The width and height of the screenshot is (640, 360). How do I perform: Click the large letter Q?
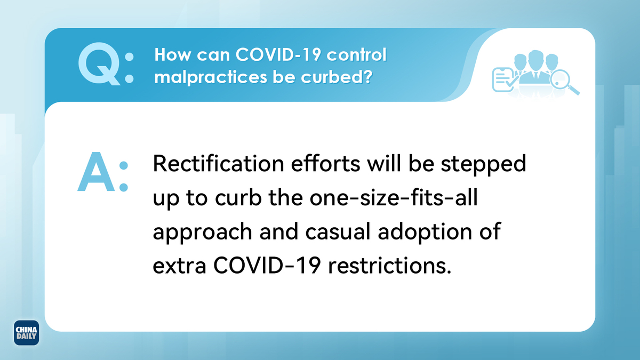pyautogui.click(x=99, y=63)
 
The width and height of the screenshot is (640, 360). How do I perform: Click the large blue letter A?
pyautogui.click(x=97, y=172)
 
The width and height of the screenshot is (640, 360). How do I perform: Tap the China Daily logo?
pyautogui.click(x=26, y=333)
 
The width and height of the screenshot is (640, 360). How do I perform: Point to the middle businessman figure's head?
pyautogui.click(x=535, y=59)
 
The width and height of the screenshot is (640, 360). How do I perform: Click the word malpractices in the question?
pyautogui.click(x=211, y=77)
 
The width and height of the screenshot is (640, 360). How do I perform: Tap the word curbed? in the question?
pyautogui.click(x=337, y=77)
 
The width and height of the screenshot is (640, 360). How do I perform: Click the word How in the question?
pyautogui.click(x=173, y=54)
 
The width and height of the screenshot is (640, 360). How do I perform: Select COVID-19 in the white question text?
pyautogui.click(x=278, y=54)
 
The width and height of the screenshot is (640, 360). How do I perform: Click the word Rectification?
pyautogui.click(x=219, y=163)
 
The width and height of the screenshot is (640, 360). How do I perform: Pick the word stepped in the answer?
pyautogui.click(x=483, y=165)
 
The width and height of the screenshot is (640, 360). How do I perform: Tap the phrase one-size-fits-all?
pyautogui.click(x=394, y=197)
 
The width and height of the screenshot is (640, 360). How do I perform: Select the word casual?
pyautogui.click(x=338, y=231)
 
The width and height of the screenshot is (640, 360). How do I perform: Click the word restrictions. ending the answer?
pyautogui.click(x=390, y=266)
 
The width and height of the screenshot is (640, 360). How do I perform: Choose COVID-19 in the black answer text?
pyautogui.click(x=267, y=266)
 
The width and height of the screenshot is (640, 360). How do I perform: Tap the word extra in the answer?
pyautogui.click(x=179, y=266)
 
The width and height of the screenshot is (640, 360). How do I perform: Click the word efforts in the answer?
pyautogui.click(x=325, y=163)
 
